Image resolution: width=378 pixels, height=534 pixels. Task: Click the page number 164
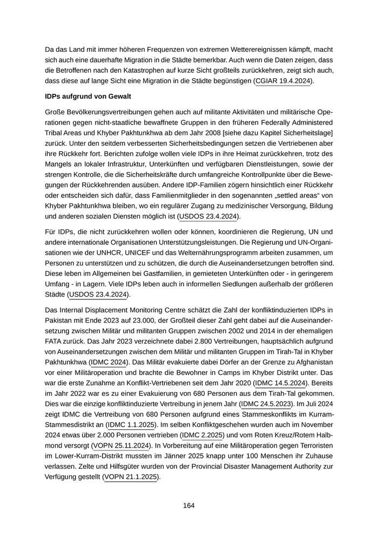[x=188, y=505]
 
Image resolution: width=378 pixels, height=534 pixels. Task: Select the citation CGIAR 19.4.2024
[x=283, y=81]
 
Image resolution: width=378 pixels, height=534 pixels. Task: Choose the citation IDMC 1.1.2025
[x=130, y=425]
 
